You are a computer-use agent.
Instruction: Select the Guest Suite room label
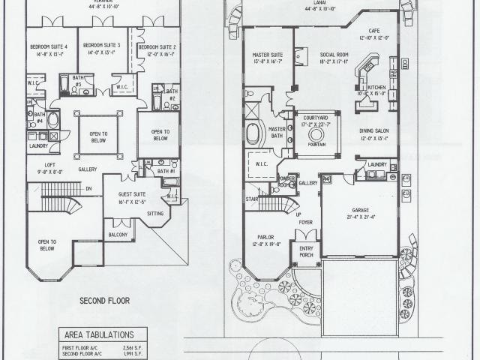pos(120,178)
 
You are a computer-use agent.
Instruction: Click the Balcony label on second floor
pos(118,235)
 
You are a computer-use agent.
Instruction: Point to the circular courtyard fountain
pos(316,135)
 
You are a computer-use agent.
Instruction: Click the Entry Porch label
pos(305,250)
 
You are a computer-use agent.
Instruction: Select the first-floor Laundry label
pos(377,163)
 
